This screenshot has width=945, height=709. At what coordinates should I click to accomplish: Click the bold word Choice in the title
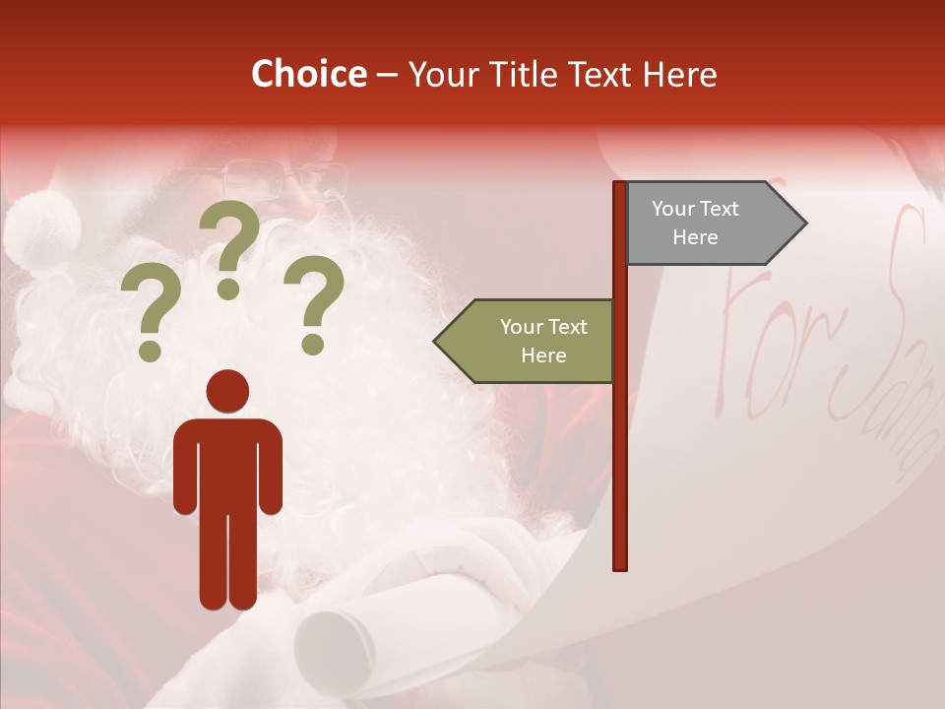click(308, 75)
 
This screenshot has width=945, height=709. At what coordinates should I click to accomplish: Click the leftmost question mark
click(151, 315)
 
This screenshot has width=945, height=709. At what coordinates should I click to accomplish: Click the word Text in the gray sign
click(719, 209)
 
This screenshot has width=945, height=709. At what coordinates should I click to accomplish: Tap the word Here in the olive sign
click(543, 355)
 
